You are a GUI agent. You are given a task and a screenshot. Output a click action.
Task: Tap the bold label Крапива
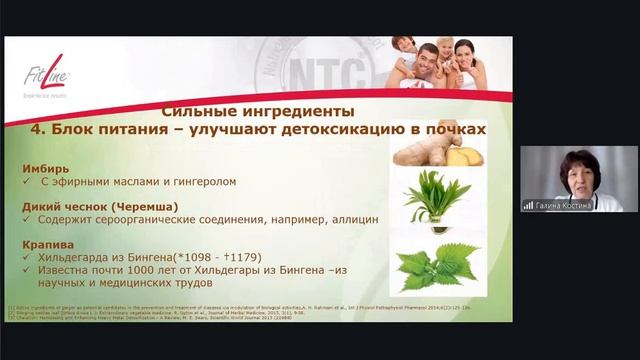point(47,244)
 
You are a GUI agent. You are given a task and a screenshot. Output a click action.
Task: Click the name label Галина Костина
point(565,205)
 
